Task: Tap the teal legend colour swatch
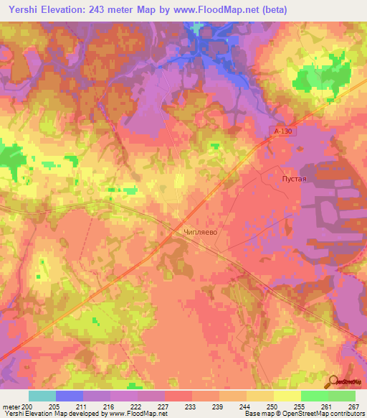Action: [42, 396]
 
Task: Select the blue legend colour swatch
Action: [69, 396]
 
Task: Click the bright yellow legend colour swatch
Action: [287, 396]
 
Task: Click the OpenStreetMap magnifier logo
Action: [333, 381]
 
